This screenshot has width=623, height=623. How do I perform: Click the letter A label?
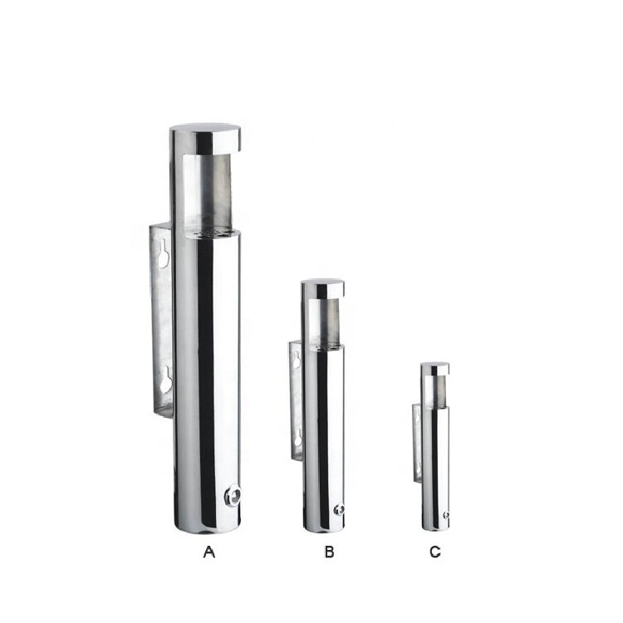[x=209, y=552]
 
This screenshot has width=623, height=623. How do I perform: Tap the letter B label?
[x=329, y=552]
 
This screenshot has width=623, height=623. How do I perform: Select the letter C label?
[x=435, y=552]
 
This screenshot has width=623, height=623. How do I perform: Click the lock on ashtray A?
[x=233, y=495]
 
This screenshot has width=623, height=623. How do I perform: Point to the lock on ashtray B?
[x=339, y=510]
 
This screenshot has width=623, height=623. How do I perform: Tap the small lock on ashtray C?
[x=446, y=514]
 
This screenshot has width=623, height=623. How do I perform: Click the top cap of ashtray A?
[x=205, y=138]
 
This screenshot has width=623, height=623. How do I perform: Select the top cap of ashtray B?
[x=322, y=288]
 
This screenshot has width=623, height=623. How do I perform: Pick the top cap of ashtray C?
[x=435, y=369]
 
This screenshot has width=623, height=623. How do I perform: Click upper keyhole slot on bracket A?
[x=164, y=253]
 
